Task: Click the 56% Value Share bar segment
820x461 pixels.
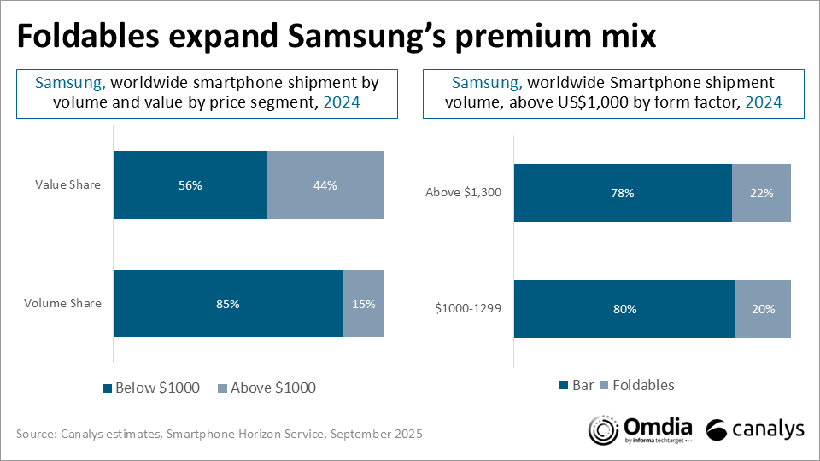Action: click(x=190, y=185)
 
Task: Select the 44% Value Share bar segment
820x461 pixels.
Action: click(x=325, y=185)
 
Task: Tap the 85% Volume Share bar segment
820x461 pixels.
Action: click(x=227, y=303)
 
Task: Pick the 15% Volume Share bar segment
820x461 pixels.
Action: click(x=364, y=303)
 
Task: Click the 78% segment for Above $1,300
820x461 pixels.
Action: click(x=623, y=193)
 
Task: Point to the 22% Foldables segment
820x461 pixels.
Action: click(x=761, y=193)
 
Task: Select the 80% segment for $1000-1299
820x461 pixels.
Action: click(x=624, y=309)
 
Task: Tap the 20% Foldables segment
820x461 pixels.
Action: click(x=763, y=309)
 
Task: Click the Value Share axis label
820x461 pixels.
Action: click(x=67, y=185)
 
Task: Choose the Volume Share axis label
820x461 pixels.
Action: click(x=64, y=303)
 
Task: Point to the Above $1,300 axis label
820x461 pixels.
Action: click(x=463, y=193)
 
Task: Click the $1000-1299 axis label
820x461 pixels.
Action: click(x=465, y=309)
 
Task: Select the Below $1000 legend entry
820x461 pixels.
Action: click(x=151, y=388)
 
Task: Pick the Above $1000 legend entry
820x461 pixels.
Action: click(x=267, y=388)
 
